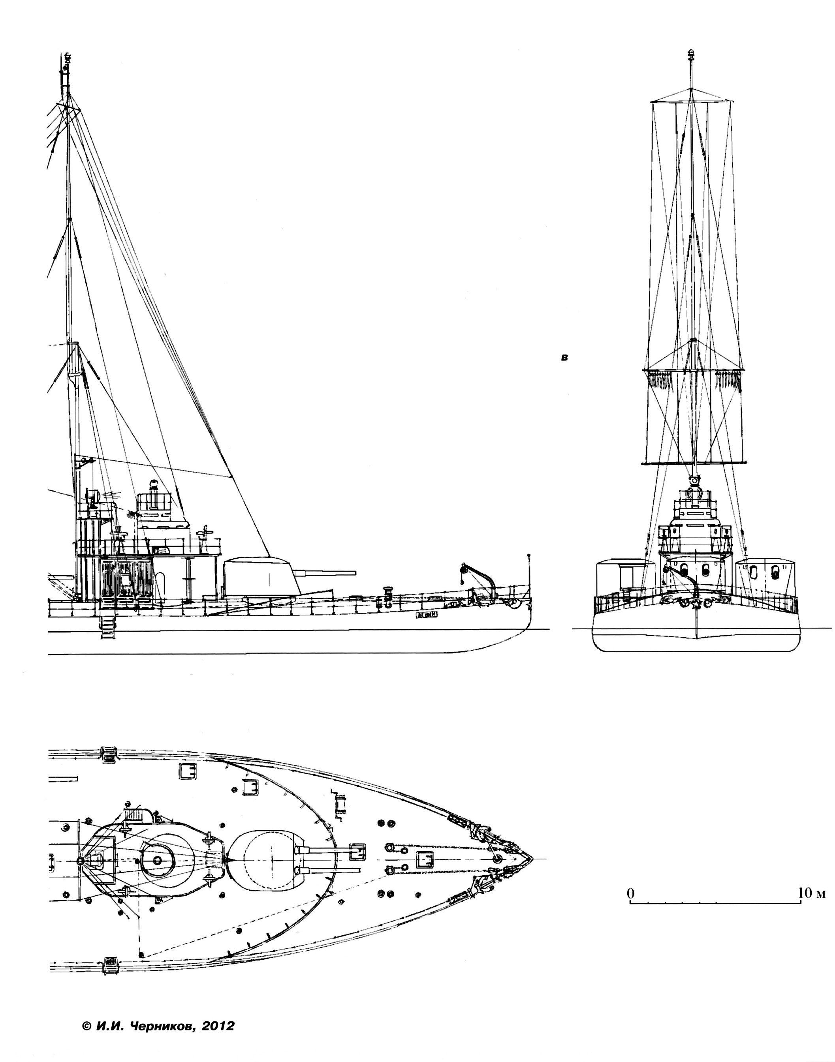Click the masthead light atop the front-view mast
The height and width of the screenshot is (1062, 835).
(691, 53)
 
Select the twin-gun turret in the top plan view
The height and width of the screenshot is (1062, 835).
(274, 859)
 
